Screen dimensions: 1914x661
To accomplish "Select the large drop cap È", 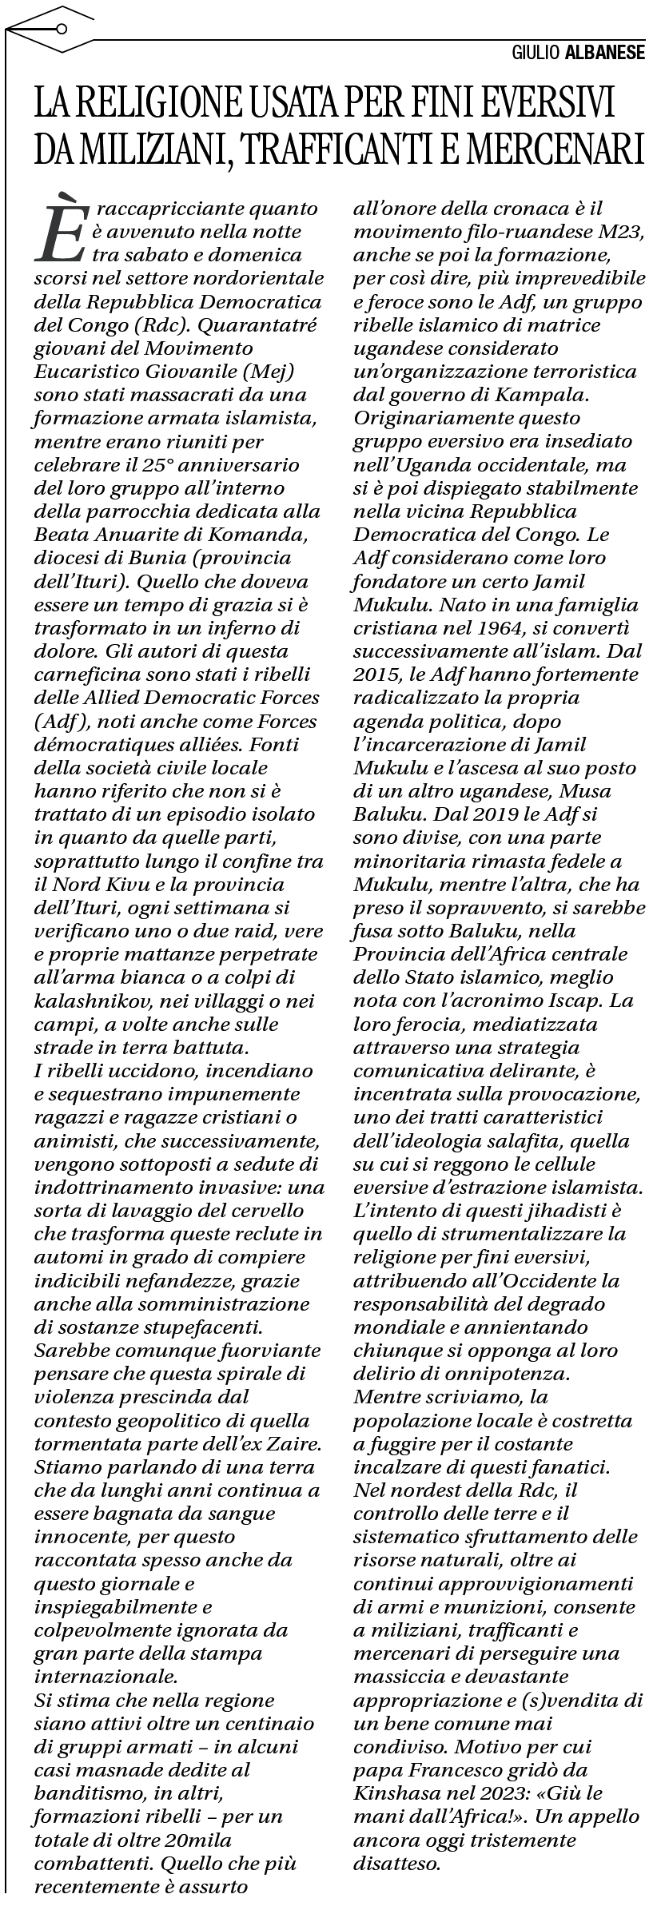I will point(60,232).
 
